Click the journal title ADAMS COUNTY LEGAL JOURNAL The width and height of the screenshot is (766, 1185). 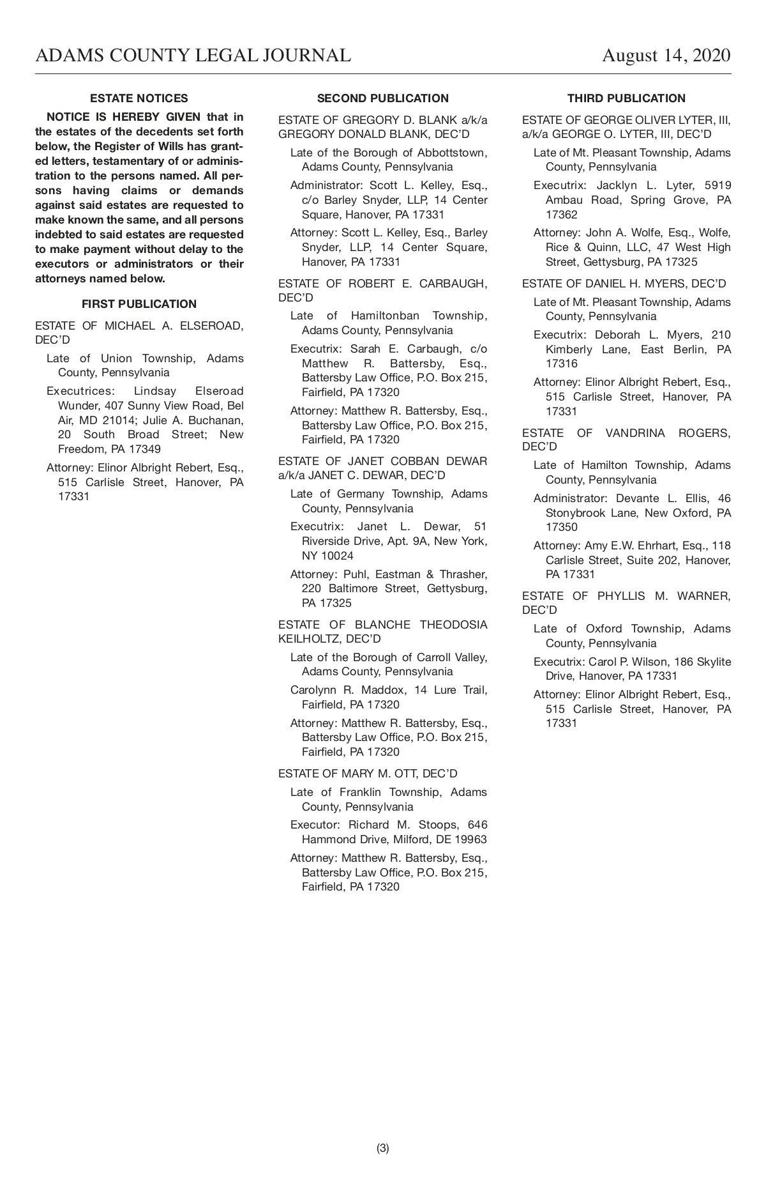coord(193,56)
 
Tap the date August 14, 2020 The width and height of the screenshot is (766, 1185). coord(666,56)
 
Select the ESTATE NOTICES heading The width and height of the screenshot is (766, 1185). coord(139,98)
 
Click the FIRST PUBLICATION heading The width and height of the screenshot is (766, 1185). coord(139,304)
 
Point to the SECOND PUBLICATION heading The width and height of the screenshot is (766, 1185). coord(383,98)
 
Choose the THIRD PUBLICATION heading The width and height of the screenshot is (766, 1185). coord(626,98)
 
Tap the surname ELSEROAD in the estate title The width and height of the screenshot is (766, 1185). coord(213,326)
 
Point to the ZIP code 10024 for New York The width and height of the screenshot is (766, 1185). coord(337,556)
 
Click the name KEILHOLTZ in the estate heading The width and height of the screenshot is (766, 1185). coord(305,639)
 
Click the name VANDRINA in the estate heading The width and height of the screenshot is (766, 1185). coord(635,433)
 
